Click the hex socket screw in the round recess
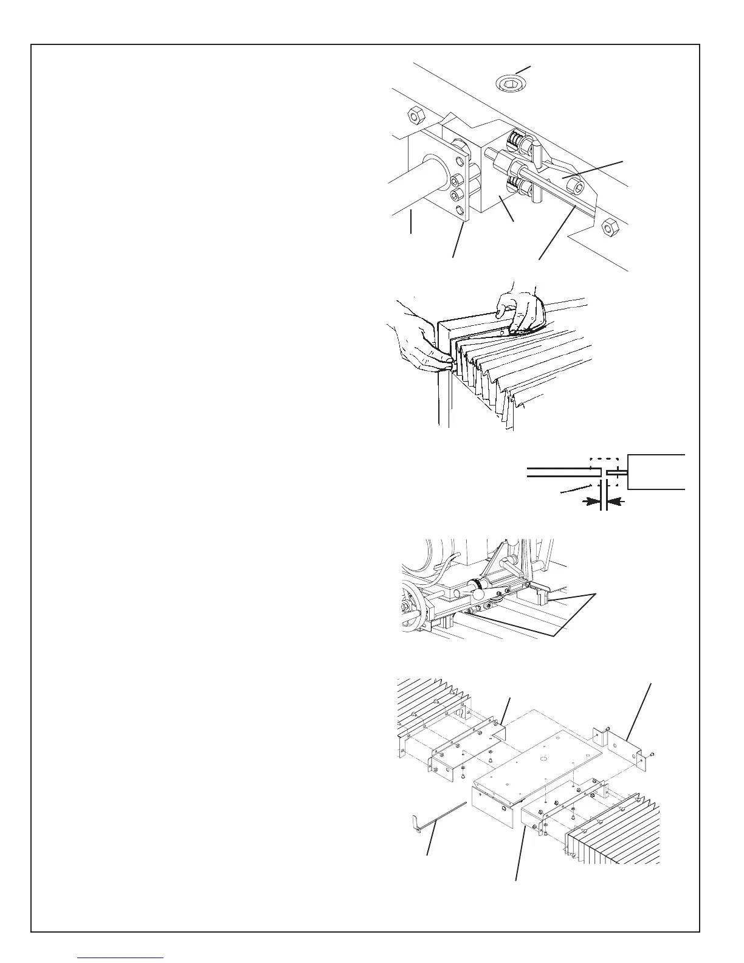(x=512, y=83)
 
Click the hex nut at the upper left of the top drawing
(x=416, y=115)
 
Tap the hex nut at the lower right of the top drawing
(x=610, y=228)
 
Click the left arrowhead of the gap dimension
(x=590, y=502)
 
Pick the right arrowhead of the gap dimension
(x=614, y=502)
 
